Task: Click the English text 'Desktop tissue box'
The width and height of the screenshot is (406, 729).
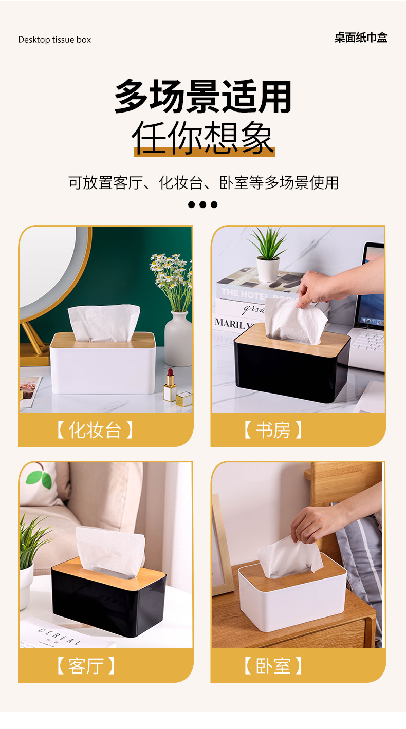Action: click(x=54, y=40)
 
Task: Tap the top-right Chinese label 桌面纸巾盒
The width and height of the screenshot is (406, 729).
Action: click(x=361, y=38)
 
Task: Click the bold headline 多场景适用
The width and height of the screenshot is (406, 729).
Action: click(x=203, y=97)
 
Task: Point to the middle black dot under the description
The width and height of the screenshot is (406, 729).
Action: click(x=203, y=204)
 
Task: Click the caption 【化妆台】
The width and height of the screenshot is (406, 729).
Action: click(x=95, y=430)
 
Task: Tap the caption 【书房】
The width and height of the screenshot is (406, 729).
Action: click(x=273, y=430)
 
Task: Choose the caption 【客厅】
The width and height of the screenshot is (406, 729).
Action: click(x=86, y=666)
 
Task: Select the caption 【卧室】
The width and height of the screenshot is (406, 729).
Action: click(x=273, y=666)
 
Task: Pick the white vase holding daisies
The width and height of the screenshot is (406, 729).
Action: click(x=178, y=339)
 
